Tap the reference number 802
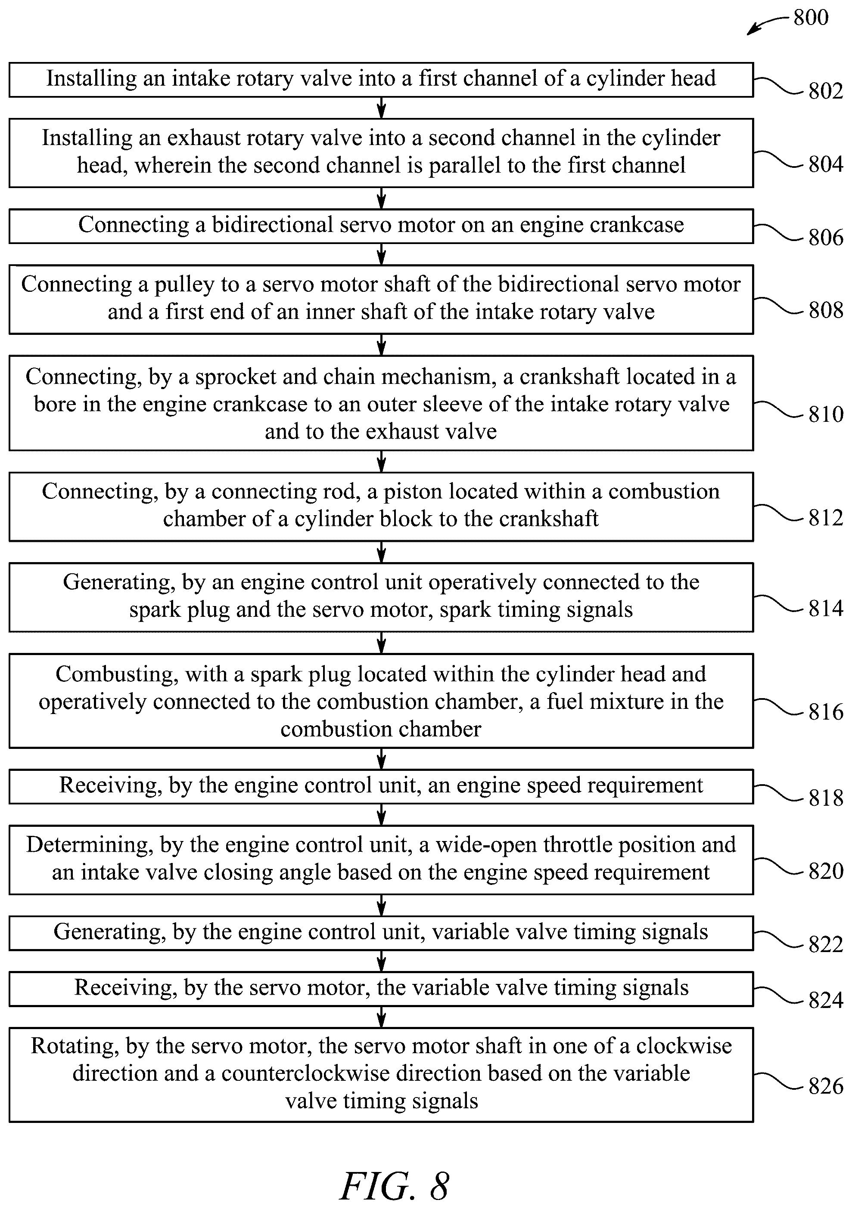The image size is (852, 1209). tap(826, 91)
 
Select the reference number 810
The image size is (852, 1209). tap(826, 414)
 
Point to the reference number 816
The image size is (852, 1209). tap(826, 712)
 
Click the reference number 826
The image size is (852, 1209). tap(826, 1086)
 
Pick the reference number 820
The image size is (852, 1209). tap(826, 871)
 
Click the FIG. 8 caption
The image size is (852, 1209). tap(395, 1186)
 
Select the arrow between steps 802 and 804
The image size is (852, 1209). tap(382, 108)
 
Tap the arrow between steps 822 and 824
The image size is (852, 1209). tap(382, 962)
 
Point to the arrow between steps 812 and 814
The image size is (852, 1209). tap(382, 552)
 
